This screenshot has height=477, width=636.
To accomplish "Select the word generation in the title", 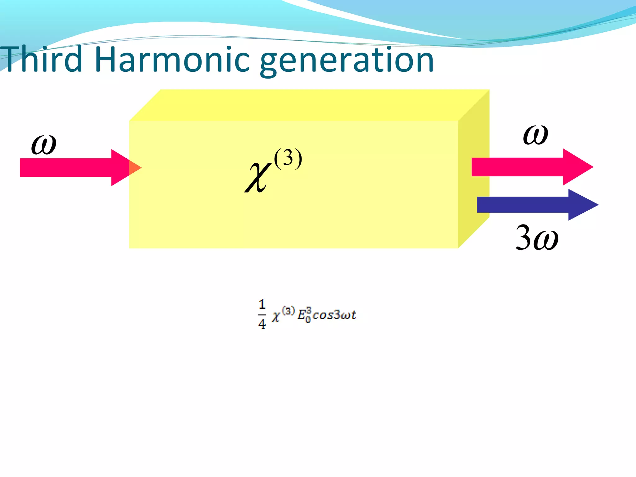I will [346, 61].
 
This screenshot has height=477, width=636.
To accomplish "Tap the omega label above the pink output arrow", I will [535, 135].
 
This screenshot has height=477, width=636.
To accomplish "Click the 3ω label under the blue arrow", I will [537, 238].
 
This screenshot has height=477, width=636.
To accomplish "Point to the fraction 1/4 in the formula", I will [262, 314].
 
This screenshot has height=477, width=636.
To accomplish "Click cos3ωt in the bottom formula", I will [334, 315].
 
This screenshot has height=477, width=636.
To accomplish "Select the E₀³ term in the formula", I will [304, 315].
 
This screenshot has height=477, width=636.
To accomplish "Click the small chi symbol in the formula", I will [276, 316].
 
